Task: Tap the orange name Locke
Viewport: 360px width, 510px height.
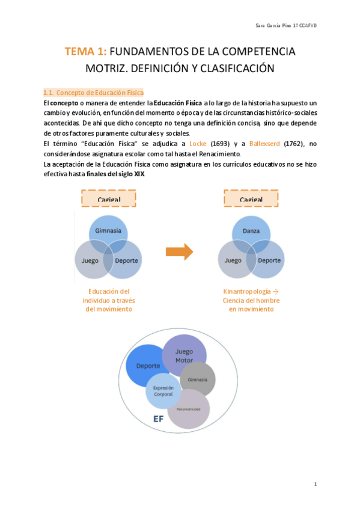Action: point(199,144)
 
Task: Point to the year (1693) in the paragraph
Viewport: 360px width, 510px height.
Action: point(224,144)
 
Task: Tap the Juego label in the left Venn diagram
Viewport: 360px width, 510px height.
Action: point(91,261)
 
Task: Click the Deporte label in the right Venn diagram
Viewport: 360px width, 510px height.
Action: point(269,261)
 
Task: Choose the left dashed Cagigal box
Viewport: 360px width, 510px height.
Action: point(109,199)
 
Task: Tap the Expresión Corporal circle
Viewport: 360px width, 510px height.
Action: point(163,390)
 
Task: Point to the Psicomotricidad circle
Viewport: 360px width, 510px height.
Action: point(189,409)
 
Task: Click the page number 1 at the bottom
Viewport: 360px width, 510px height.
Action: point(316,484)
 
